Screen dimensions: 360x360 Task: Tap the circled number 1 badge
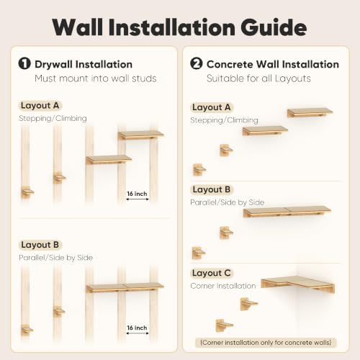point(24,64)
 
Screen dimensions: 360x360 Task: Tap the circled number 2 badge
point(197,64)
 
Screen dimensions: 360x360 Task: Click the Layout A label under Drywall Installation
point(40,106)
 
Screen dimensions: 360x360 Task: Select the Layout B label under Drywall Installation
point(40,245)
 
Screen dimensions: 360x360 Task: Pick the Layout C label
point(212,273)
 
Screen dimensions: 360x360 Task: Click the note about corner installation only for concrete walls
point(266,343)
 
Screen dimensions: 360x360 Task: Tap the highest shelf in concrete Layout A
point(310,112)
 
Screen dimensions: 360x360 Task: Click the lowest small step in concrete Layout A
point(199,169)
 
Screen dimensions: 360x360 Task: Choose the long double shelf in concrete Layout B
point(287,212)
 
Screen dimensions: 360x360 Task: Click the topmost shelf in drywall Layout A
point(141,135)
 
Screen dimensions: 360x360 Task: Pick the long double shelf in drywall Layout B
point(125,287)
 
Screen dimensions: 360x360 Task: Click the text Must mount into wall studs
point(96,78)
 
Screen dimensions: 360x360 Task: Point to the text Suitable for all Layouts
point(258,78)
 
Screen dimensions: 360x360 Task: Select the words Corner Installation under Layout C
point(223,286)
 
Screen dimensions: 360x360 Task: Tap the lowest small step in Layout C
point(224,325)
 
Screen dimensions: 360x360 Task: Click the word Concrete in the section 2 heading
point(230,64)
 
